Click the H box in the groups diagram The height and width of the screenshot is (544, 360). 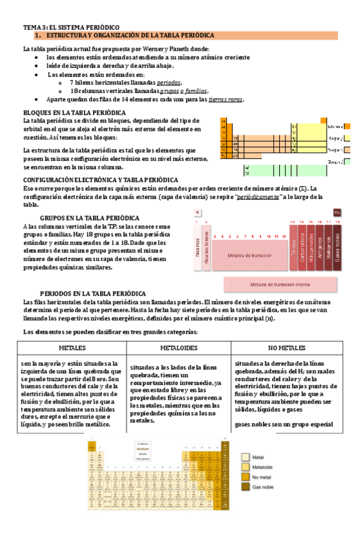pyautogui.click(x=198, y=212)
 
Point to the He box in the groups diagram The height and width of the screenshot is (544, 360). pyautogui.click(x=337, y=212)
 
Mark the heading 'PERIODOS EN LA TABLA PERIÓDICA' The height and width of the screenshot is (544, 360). pyautogui.click(x=93, y=293)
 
